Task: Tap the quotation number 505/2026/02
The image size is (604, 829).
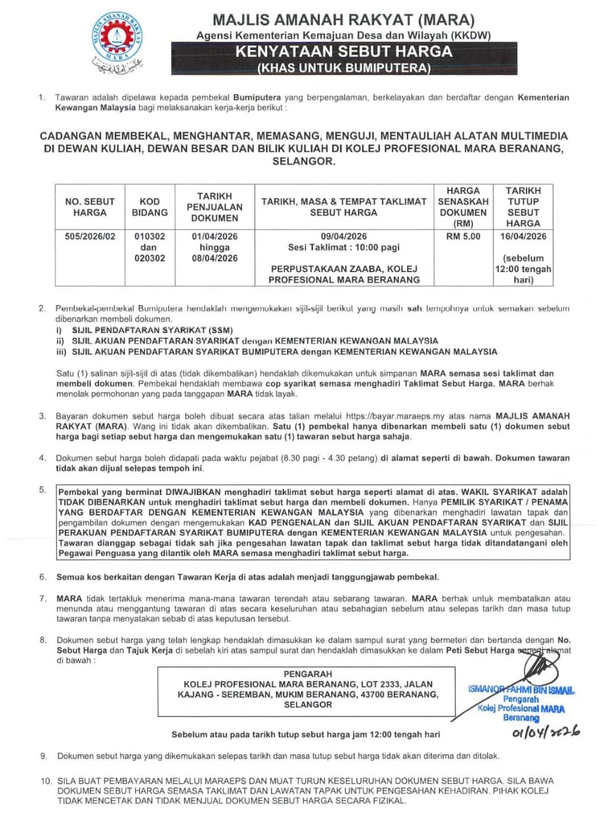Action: (90, 236)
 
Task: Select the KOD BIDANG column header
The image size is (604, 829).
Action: (150, 207)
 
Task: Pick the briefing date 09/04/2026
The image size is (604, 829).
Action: (344, 236)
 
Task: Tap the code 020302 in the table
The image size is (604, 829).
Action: (150, 258)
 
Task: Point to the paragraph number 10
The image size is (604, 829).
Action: (45, 780)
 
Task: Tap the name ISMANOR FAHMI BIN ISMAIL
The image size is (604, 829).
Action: (520, 690)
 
